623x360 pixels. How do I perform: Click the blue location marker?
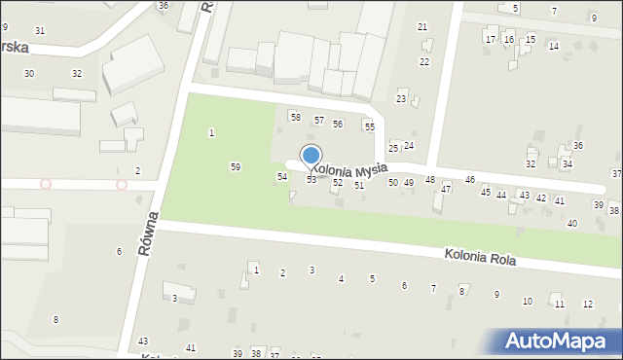point(311,156)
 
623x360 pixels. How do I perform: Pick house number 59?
point(236,167)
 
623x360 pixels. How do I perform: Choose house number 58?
point(295,117)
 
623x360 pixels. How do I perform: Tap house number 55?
point(369,126)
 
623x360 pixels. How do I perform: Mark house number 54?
point(282,176)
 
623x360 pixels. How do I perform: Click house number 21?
point(422,26)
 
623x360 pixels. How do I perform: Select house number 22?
point(424,61)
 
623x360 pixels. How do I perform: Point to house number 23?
point(401,99)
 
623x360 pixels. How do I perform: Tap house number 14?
point(554,47)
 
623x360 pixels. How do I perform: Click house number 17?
point(491,40)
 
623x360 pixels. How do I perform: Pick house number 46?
point(470,180)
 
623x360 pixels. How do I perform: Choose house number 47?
point(446,189)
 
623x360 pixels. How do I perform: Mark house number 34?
point(568,164)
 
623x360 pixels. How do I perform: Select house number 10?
point(528,301)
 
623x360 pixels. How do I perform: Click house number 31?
point(40,31)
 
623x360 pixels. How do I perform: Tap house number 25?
point(394,148)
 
